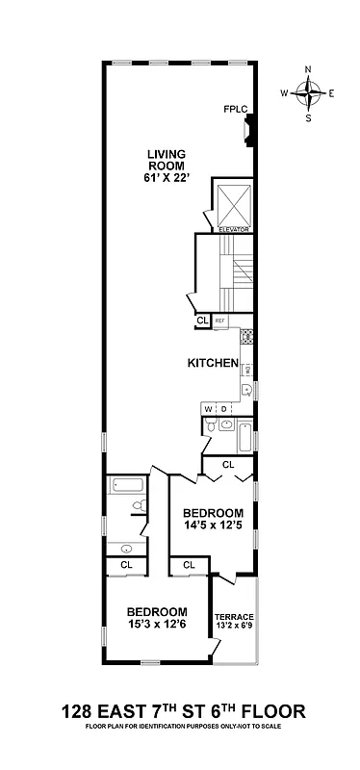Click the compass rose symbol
coord(308,93)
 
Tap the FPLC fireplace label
coord(235,109)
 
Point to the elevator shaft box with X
coord(234,202)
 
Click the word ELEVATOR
coord(234,229)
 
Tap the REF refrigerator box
coord(219,321)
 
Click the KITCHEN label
coord(212,364)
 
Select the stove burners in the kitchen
coord(246,337)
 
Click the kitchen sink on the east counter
coord(246,390)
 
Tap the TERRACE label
coord(234,616)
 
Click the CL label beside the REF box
coord(202,321)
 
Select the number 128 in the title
coord(76,712)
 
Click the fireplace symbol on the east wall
coord(249,128)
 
